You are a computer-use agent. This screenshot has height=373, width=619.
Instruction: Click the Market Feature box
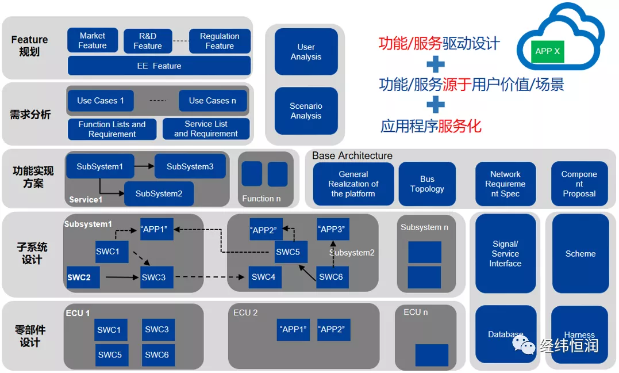[93, 40]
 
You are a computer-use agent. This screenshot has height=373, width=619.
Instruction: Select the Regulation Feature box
[220, 41]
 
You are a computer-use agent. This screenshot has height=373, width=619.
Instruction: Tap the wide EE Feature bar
[159, 66]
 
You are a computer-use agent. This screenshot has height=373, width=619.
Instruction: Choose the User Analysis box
[306, 51]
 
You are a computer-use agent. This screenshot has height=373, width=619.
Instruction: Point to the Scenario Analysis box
[306, 111]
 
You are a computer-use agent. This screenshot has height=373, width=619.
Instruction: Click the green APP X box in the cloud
[547, 51]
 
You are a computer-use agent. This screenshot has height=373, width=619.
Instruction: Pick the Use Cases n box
[213, 101]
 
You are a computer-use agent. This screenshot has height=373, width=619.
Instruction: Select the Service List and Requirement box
[206, 128]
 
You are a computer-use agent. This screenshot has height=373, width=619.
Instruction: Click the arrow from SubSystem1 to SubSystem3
[144, 166]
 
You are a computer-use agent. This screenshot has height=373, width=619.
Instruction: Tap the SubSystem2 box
[159, 193]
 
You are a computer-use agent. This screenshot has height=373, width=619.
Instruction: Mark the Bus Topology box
[427, 184]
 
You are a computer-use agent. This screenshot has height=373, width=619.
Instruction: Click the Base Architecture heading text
[352, 155]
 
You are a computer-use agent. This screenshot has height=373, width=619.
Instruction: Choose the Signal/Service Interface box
[505, 253]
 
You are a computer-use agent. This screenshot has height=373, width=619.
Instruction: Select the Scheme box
[580, 253]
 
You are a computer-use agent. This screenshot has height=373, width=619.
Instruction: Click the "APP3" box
[333, 229]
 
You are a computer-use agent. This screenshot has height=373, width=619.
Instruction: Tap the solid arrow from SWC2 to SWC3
[122, 277]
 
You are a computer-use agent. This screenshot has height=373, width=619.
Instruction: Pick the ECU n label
[416, 312]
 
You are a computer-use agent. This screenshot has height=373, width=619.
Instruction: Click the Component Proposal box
[579, 184]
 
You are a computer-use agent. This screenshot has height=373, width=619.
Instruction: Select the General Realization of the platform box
[353, 184]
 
